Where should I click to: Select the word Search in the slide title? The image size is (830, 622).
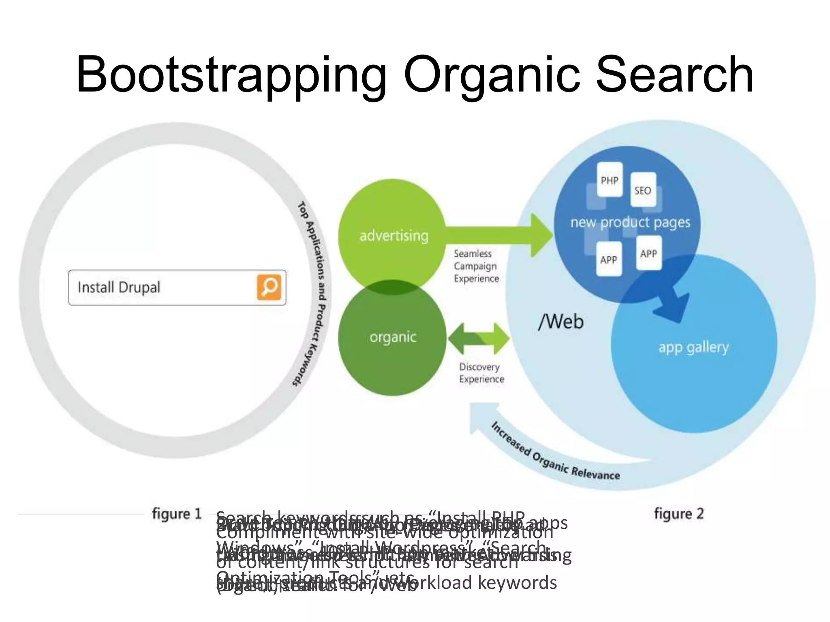pos(674,75)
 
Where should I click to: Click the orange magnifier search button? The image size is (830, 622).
pos(269,287)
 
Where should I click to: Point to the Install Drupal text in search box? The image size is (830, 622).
pos(119,288)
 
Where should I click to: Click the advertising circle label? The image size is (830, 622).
pos(394,236)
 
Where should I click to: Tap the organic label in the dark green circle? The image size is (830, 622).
pos(393,337)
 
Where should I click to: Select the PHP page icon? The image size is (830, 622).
pos(610,180)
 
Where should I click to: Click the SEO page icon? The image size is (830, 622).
pos(643,190)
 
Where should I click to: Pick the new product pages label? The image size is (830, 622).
pos(630,222)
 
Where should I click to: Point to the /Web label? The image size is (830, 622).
pos(561,322)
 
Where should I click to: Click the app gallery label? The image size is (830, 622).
pos(693,347)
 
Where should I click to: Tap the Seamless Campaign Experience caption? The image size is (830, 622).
pos(476,266)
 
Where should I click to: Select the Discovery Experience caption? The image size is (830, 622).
pos(481,373)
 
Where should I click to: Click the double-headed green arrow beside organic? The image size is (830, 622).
pos(478,339)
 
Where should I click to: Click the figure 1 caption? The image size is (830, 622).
pos(177,514)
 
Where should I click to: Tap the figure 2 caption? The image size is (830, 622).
pos(679,514)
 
